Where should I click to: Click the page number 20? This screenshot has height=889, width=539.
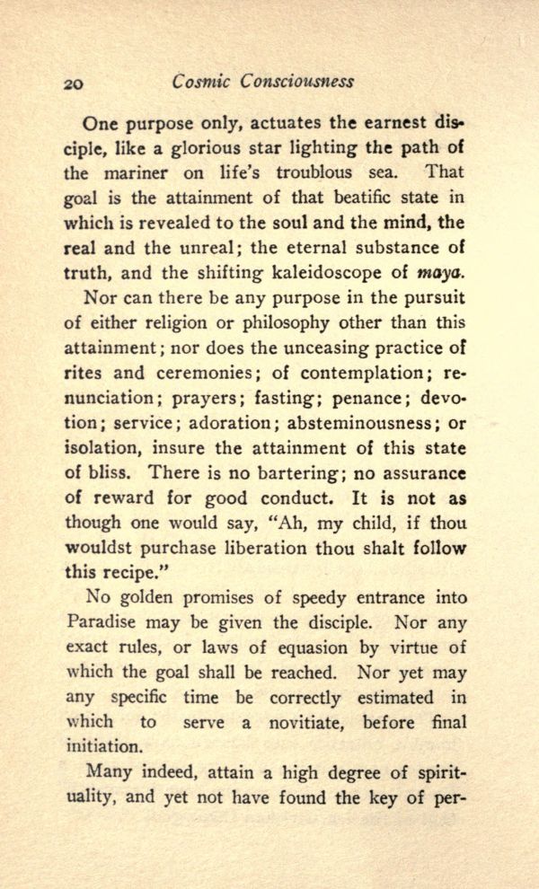(75, 83)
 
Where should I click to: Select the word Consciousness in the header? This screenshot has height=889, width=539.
(298, 81)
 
